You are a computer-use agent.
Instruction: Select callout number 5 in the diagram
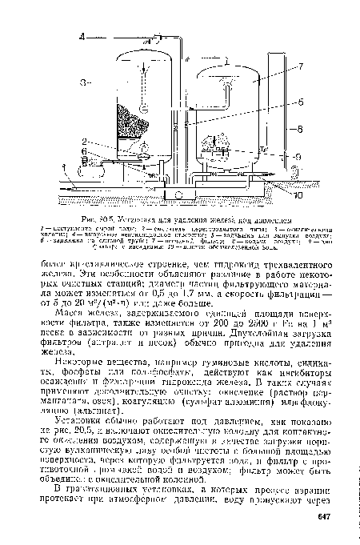278,103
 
